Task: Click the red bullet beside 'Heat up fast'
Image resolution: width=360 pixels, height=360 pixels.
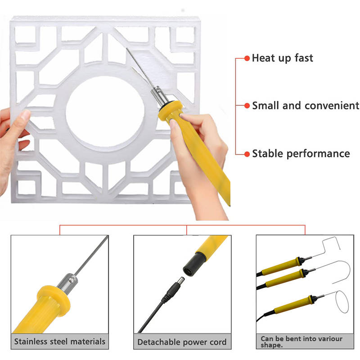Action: pos(247,58)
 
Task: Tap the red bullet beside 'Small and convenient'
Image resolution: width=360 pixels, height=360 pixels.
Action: pos(247,106)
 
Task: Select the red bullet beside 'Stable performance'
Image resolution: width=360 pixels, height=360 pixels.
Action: pos(247,154)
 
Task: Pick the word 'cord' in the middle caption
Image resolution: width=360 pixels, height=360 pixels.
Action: pos(218,342)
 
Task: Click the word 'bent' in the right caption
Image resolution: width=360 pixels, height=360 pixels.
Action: pos(293,339)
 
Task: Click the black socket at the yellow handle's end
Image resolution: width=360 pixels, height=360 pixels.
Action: pos(194,264)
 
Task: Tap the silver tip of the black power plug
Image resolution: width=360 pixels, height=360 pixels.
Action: pos(180,281)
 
